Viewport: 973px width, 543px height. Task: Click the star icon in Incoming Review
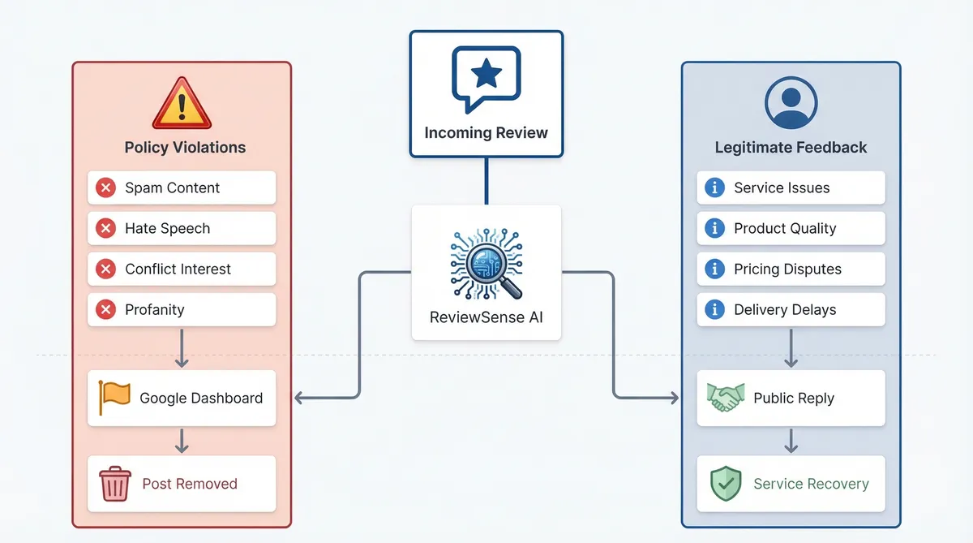click(x=486, y=75)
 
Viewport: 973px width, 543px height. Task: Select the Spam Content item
click(x=182, y=187)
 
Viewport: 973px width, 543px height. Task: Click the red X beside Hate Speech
click(x=105, y=228)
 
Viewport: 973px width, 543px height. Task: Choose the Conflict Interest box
click(x=182, y=269)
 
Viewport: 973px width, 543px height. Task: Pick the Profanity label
click(x=154, y=309)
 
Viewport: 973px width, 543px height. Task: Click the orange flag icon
click(x=114, y=397)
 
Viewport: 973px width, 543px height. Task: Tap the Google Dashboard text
click(x=201, y=399)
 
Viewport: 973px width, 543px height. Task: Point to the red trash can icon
click(x=114, y=484)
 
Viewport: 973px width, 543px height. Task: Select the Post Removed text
click(x=190, y=484)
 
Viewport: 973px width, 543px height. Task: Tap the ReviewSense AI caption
click(x=486, y=317)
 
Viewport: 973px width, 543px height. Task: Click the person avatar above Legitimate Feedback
click(x=791, y=102)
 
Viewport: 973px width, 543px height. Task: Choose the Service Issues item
click(x=791, y=187)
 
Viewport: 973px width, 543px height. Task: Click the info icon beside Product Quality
click(x=714, y=228)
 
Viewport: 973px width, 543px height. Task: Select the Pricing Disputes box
click(x=791, y=269)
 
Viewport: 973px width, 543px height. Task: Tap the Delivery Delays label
click(x=785, y=309)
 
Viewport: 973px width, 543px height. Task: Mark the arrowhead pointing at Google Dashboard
click(x=298, y=398)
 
